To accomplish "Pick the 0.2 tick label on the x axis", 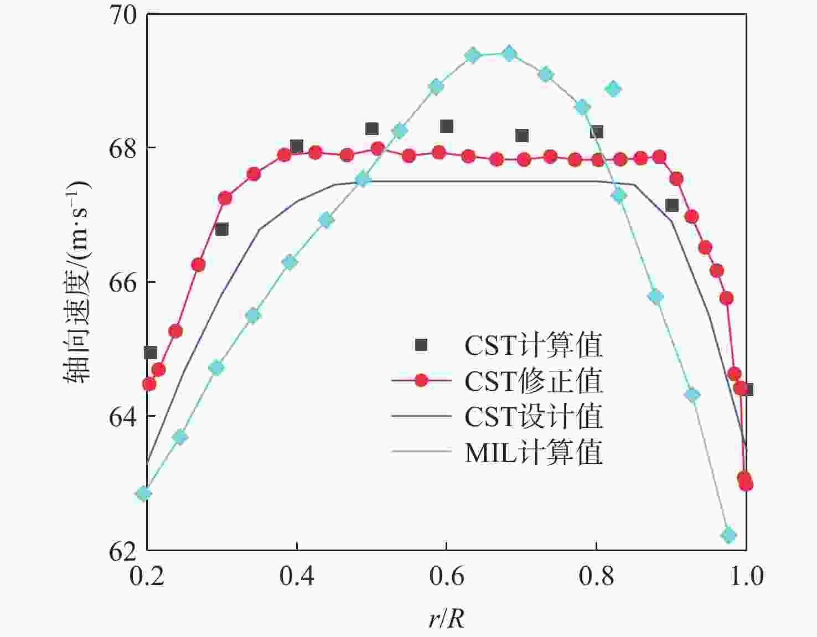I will tap(147, 576).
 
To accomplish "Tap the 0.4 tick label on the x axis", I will tap(297, 576).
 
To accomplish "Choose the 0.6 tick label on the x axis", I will tap(447, 576).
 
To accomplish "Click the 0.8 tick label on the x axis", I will tap(597, 576).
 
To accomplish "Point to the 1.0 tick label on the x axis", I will tap(746, 576).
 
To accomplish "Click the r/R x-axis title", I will tap(446, 618).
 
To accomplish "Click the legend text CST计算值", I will tap(534, 345).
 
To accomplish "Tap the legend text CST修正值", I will tap(534, 381).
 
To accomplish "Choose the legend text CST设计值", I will tap(534, 416).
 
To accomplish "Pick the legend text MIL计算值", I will tap(534, 452).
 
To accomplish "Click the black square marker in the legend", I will tap(421, 345).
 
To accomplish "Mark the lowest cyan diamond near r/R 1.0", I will tap(728, 535).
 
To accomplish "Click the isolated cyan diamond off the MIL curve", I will tap(613, 89).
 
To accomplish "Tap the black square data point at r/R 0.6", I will tap(447, 126).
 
